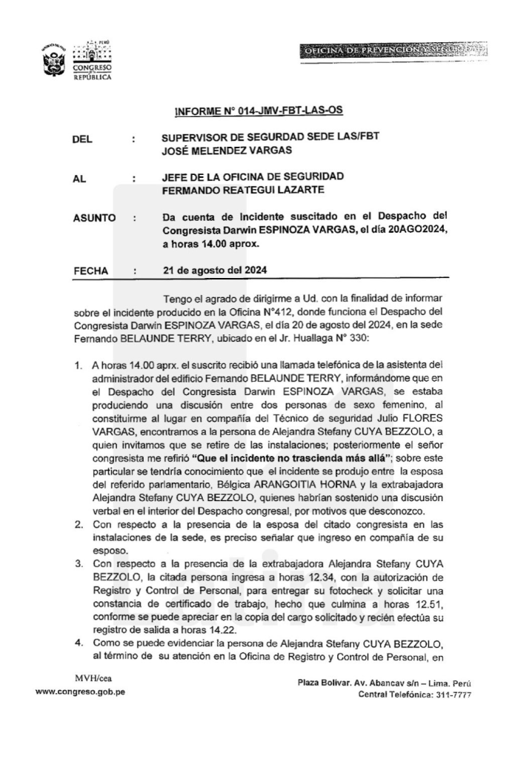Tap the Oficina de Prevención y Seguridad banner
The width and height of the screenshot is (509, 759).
393,50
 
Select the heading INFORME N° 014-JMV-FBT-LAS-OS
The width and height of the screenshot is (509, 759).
258,112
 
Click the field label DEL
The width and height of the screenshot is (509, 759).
83,139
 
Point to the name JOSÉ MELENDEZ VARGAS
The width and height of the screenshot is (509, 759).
227,151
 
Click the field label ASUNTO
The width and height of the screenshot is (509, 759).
94,218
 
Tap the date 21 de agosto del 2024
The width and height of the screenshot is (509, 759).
215,271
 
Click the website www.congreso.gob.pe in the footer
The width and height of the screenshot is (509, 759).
81,692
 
